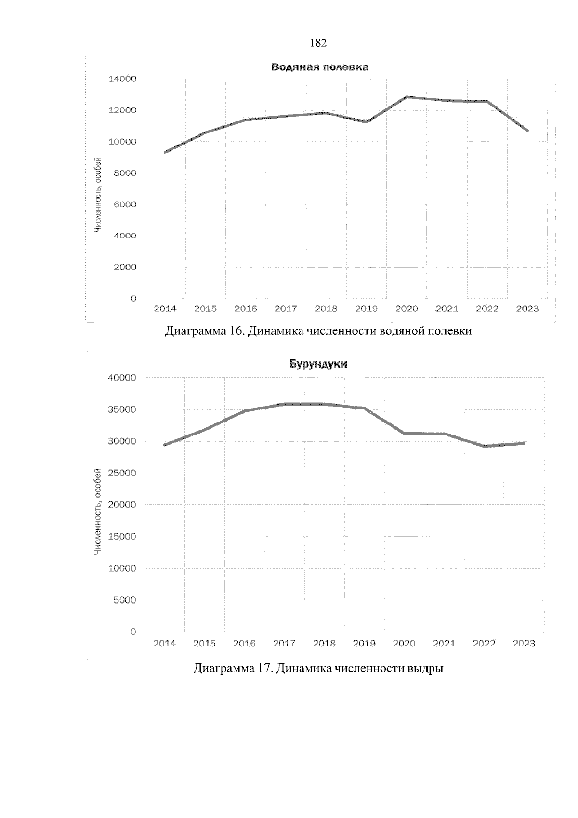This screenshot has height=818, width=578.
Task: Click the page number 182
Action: point(319,43)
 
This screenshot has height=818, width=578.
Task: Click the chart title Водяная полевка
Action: point(320,67)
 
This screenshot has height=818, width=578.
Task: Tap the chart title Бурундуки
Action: point(318,364)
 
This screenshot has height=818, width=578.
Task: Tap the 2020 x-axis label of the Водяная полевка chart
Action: point(406,309)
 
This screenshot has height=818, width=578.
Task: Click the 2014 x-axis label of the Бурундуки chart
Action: point(165,644)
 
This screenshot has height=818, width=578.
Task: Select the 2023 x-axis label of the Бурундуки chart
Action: point(524,644)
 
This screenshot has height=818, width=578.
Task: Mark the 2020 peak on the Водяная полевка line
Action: point(407,97)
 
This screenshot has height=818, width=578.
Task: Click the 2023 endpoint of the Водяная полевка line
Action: point(528,131)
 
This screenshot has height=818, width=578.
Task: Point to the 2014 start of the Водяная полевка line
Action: point(165,152)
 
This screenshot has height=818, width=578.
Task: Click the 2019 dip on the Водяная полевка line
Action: point(366,122)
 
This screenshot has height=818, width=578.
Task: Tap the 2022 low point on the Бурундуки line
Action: point(484,446)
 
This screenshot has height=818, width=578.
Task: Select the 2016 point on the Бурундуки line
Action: point(245,411)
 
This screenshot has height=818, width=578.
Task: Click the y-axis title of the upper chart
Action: point(98,195)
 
